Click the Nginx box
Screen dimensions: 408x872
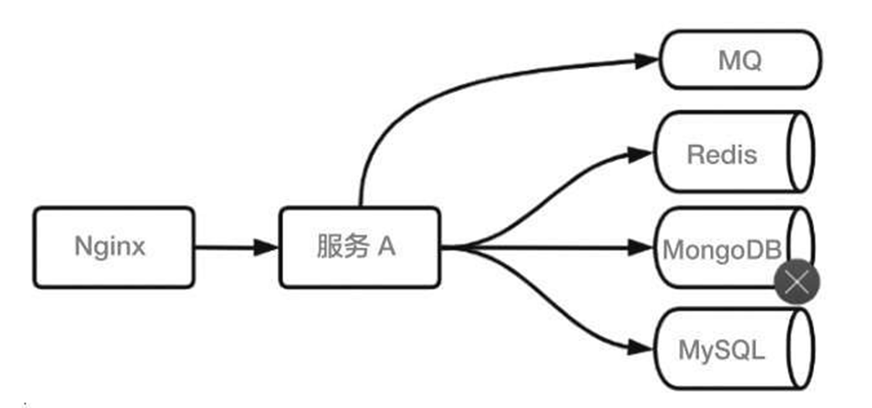[x=114, y=247]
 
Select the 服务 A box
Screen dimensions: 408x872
[x=359, y=247]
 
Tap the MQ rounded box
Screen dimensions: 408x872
[x=740, y=61]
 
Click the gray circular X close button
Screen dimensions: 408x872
[x=797, y=283]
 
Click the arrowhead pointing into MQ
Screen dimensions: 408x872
[x=648, y=61]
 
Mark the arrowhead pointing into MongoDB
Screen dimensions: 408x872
[x=648, y=247]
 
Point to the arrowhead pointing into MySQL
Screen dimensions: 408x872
[x=648, y=347]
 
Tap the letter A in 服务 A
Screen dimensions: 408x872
[x=386, y=247]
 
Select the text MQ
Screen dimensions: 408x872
[x=740, y=61]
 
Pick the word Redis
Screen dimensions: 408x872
[x=722, y=154]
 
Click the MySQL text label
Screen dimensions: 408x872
[x=722, y=349]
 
